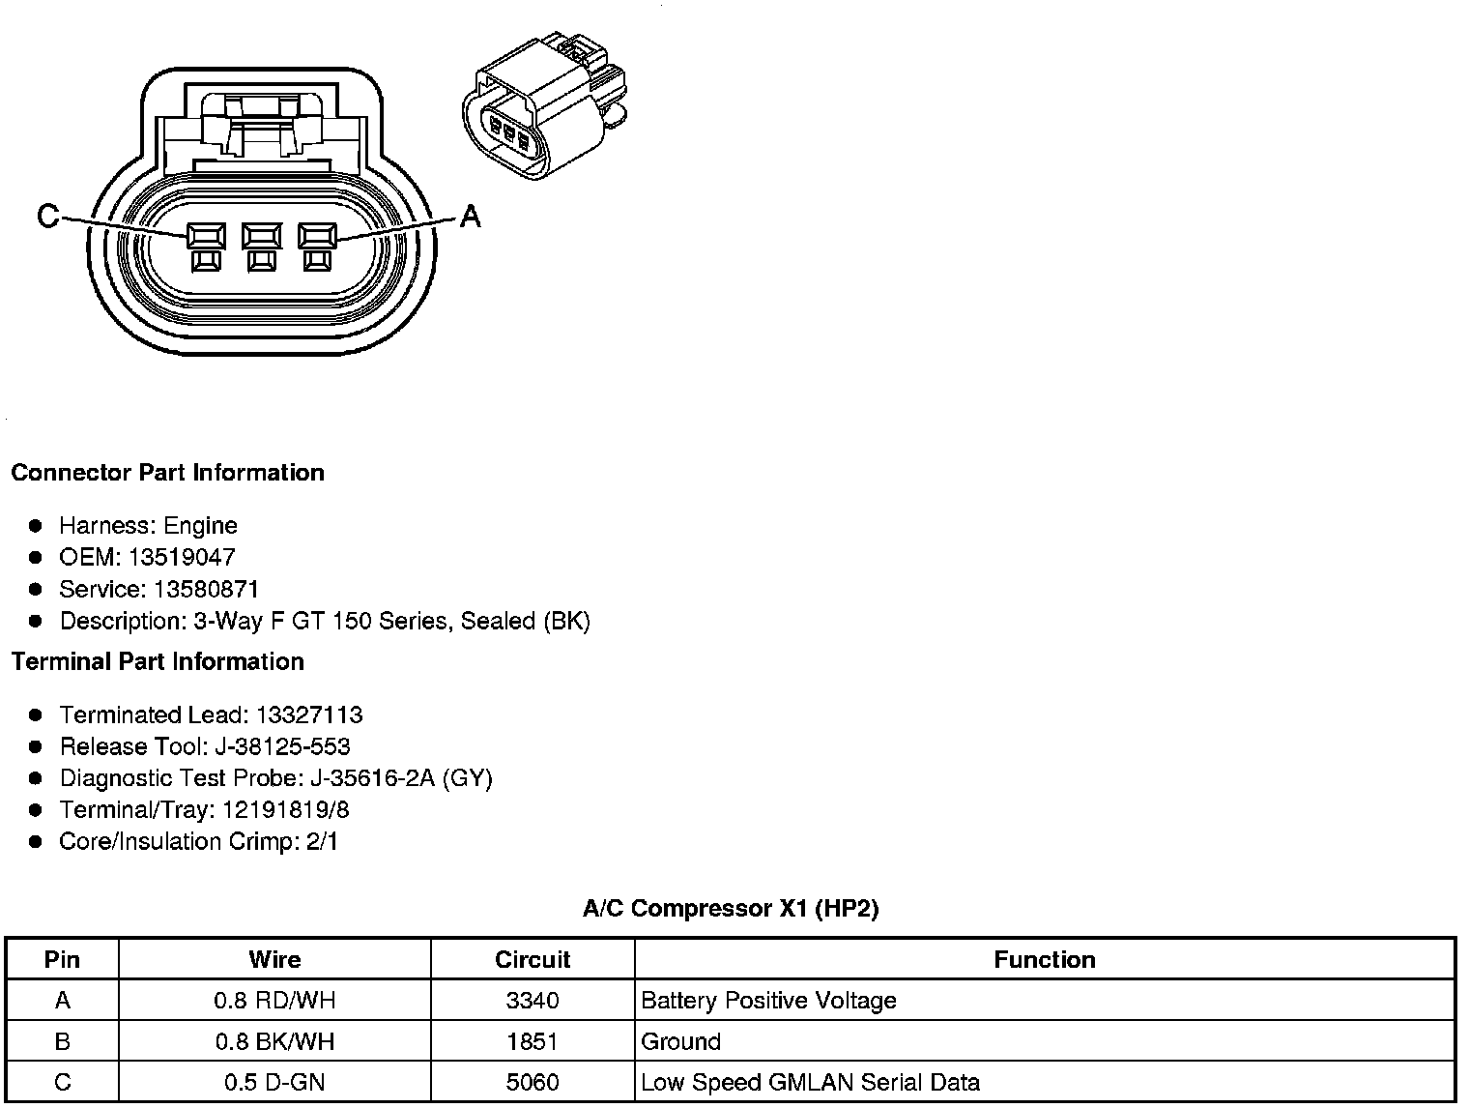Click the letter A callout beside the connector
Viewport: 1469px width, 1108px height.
click(x=470, y=216)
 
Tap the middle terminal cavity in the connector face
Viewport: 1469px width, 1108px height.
click(x=261, y=237)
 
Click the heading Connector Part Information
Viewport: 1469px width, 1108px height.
click(x=167, y=473)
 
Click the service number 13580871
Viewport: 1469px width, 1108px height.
click(x=206, y=589)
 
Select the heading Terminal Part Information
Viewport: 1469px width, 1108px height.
click(x=158, y=661)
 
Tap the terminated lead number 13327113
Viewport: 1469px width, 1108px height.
click(x=308, y=714)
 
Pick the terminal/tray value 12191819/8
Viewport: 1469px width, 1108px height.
click(x=285, y=809)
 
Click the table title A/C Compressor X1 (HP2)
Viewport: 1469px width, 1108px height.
click(x=731, y=908)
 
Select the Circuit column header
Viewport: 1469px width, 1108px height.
click(x=533, y=959)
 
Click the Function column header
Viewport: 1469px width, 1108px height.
click(x=1045, y=959)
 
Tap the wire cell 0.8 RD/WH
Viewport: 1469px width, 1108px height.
click(x=274, y=1001)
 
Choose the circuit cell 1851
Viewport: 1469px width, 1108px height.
click(x=533, y=1041)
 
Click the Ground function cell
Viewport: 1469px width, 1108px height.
click(x=680, y=1041)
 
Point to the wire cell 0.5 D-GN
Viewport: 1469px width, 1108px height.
click(x=274, y=1082)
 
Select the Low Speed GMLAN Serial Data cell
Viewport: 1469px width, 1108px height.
click(x=810, y=1082)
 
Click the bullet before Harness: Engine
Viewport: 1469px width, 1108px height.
click(x=36, y=525)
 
